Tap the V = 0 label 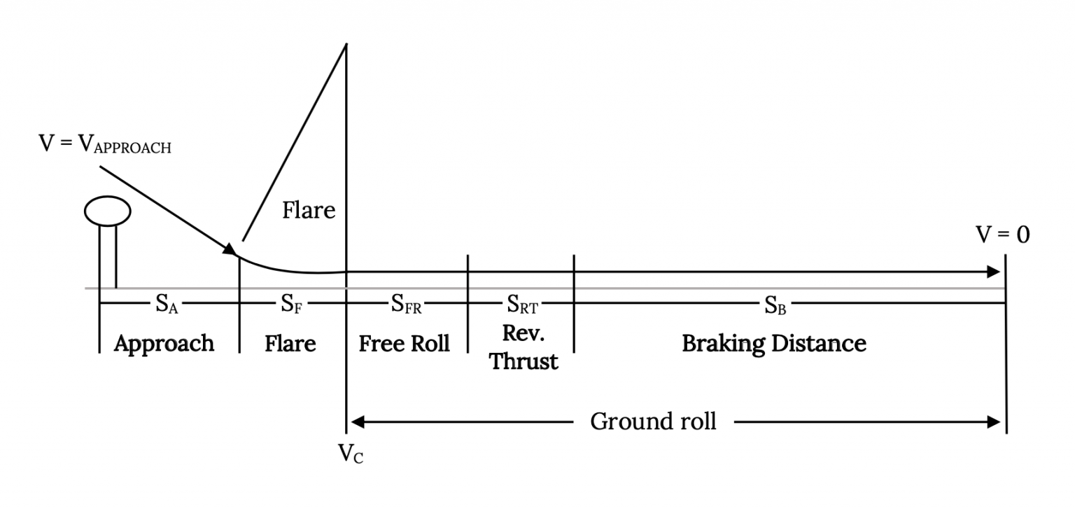(x=1003, y=235)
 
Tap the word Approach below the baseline (x=164, y=344)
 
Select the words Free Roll (x=405, y=344)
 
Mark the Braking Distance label (x=774, y=344)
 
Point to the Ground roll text (x=653, y=421)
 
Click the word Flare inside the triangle (x=309, y=210)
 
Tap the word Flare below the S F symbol (x=290, y=344)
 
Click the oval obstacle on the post (x=107, y=211)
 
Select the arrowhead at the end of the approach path (x=230, y=249)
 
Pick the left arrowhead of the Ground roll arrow (x=356, y=421)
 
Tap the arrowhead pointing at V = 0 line (x=994, y=272)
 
